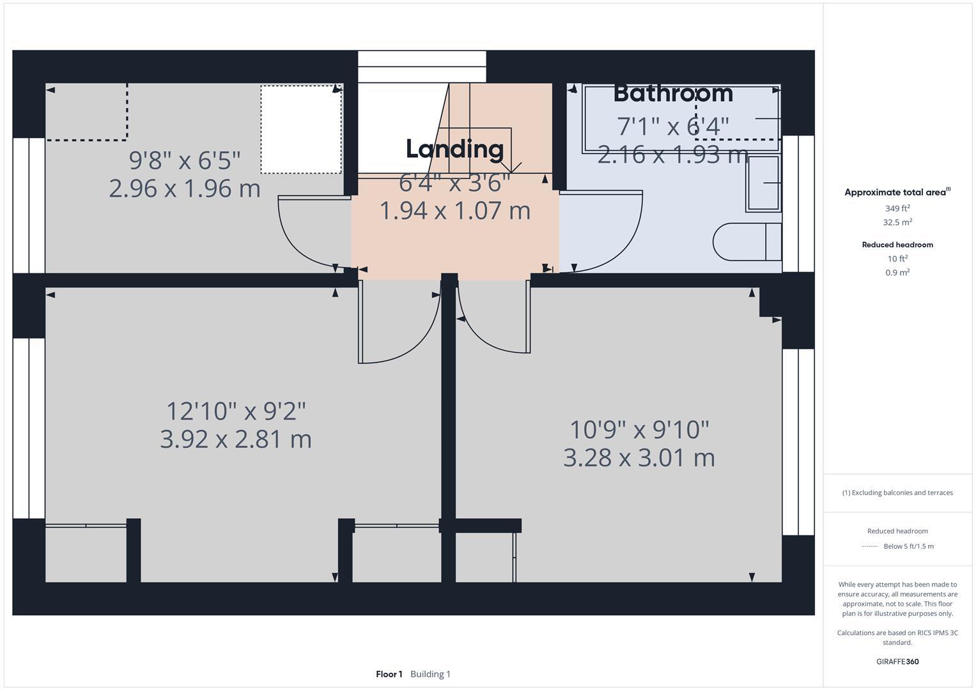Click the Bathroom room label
[x=673, y=93]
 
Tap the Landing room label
[x=455, y=149]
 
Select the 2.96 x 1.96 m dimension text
[x=185, y=188]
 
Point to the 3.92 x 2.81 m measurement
[x=236, y=439]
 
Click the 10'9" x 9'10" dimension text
[x=640, y=429]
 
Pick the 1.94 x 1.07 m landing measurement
[x=455, y=211]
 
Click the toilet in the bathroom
[x=747, y=241]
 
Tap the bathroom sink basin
[x=763, y=183]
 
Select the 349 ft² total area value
[x=897, y=208]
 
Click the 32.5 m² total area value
[x=897, y=222]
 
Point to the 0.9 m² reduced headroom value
[x=897, y=272]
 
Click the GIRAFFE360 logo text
[x=897, y=661]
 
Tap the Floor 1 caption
[x=389, y=674]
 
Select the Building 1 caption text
[x=430, y=674]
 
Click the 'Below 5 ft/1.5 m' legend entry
[x=908, y=546]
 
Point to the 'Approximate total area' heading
[x=895, y=192]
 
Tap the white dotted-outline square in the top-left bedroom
[x=301, y=129]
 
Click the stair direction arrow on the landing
[x=511, y=167]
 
